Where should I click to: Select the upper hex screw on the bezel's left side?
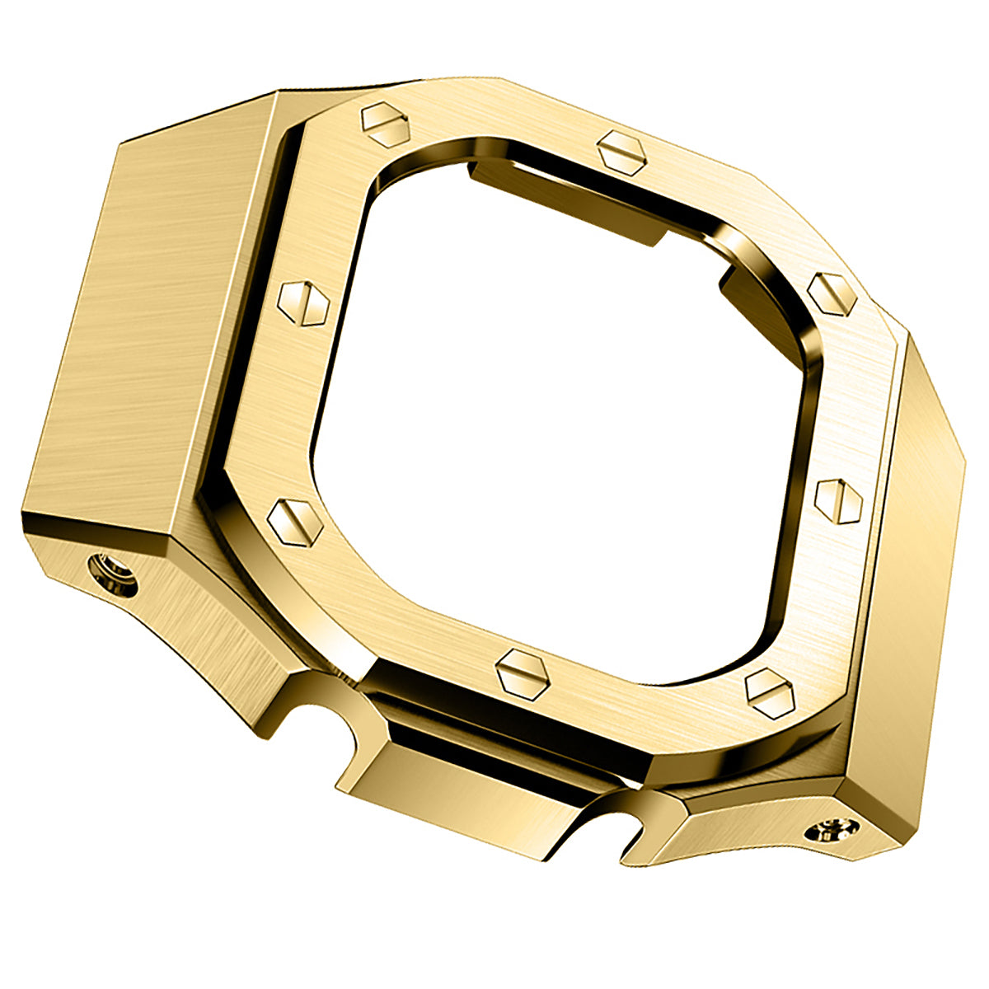pyautogui.click(x=302, y=302)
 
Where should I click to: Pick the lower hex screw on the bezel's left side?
pyautogui.click(x=294, y=523)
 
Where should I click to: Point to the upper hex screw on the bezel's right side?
pyautogui.click(x=832, y=293)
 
